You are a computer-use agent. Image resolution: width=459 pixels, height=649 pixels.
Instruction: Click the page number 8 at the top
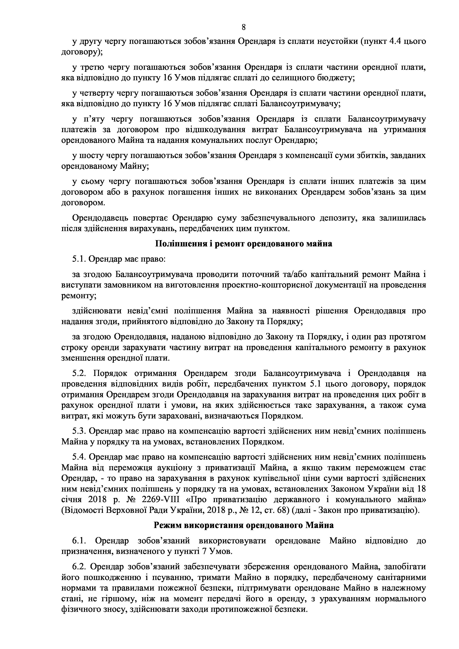[x=244, y=27]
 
